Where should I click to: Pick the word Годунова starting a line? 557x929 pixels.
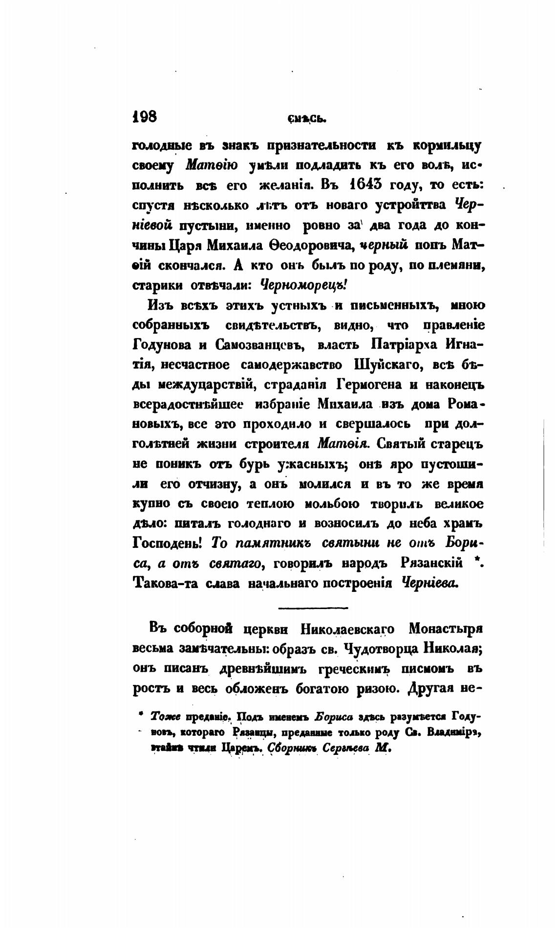[x=162, y=345]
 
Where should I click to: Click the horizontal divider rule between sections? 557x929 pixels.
[x=312, y=608]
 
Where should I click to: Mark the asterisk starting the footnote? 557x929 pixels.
[x=140, y=715]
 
